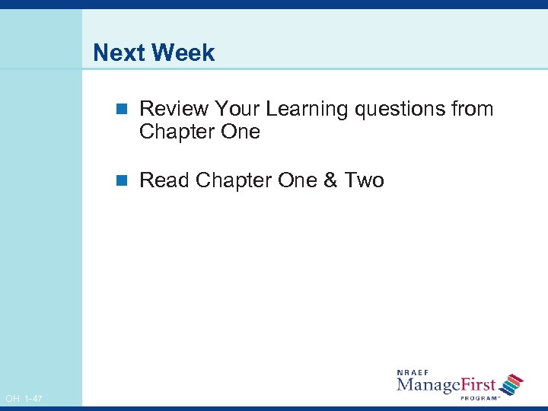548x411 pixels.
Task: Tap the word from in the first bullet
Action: [x=473, y=109]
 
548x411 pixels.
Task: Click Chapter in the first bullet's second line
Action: [x=177, y=132]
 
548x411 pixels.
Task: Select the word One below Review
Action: [x=240, y=132]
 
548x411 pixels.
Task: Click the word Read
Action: [x=164, y=180]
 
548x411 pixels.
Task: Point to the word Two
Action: [x=365, y=180]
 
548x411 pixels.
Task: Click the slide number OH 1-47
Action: [x=24, y=399]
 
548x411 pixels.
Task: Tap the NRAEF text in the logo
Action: [x=413, y=373]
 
